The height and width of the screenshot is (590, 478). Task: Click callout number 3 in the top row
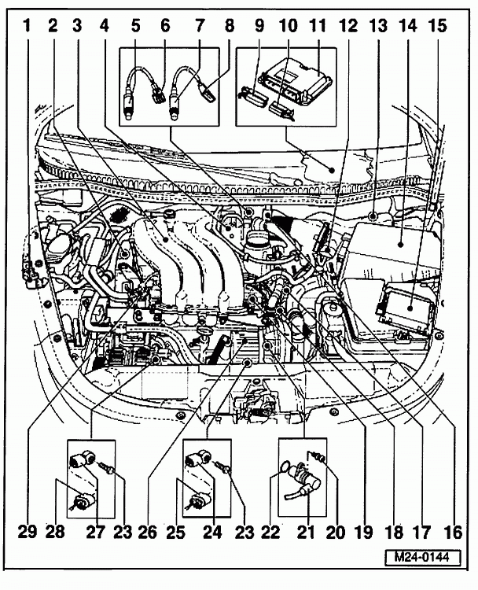click(x=77, y=25)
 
